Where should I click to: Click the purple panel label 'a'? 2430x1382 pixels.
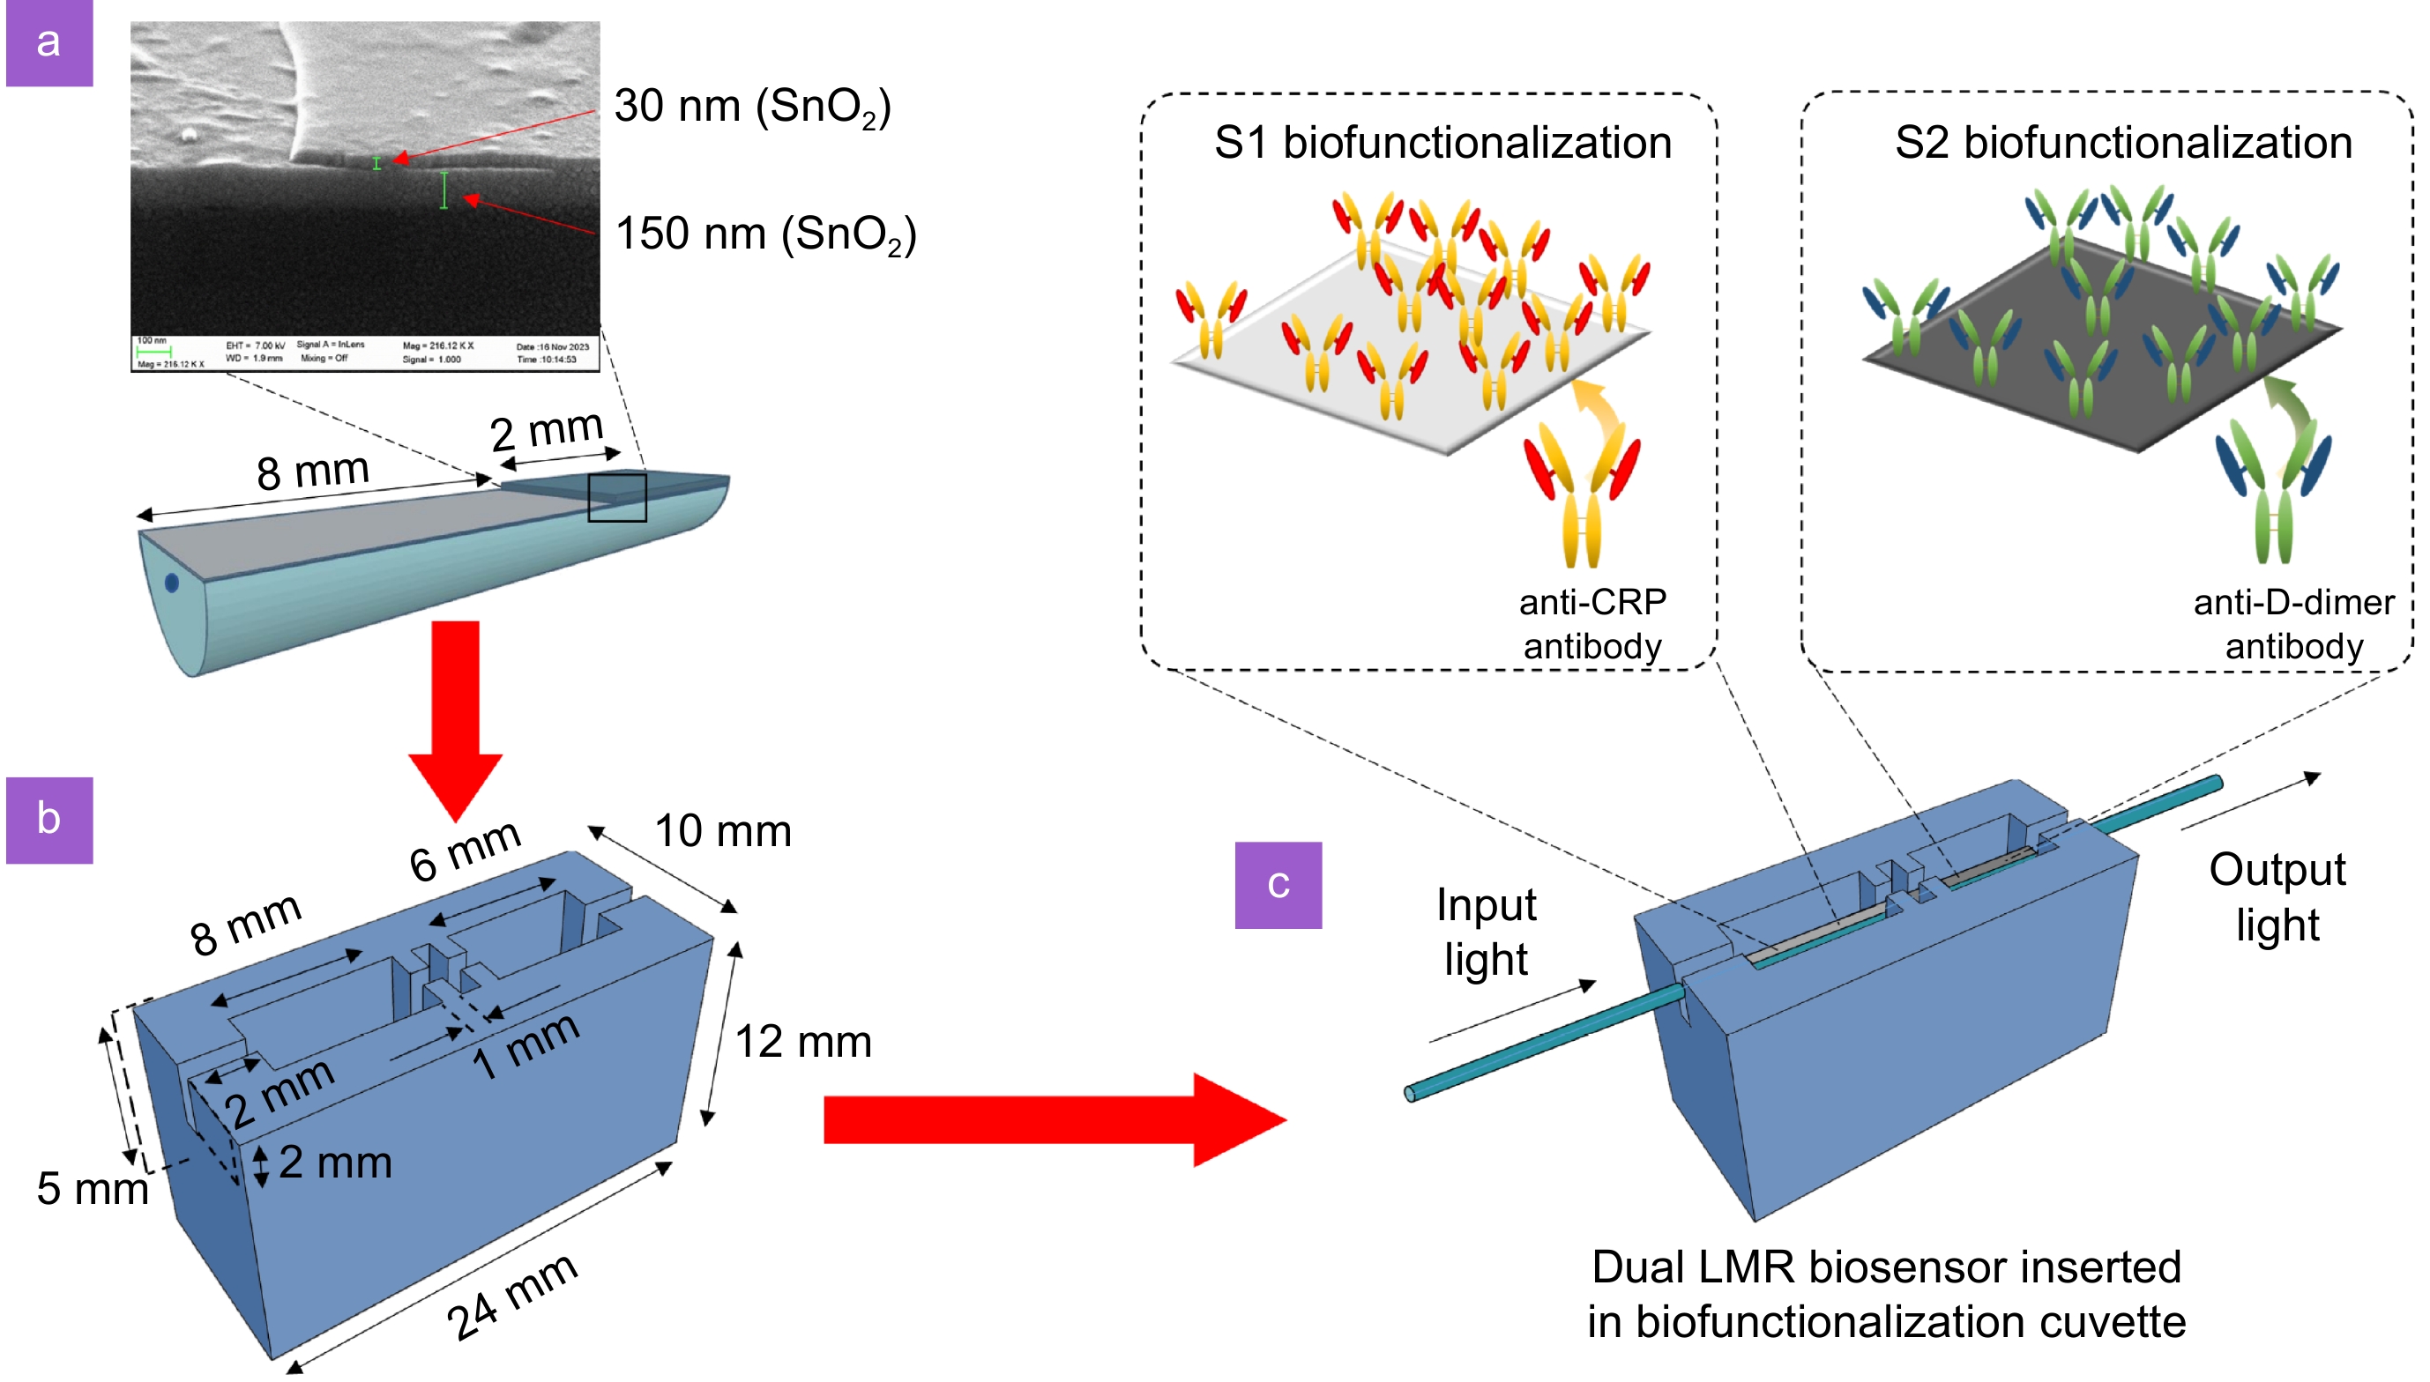pos(49,42)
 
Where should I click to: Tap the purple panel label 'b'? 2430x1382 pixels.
pos(49,819)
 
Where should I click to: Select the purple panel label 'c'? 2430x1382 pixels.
pos(1278,885)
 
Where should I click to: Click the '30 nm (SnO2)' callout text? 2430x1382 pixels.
pos(752,107)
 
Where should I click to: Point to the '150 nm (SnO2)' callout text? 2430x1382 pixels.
pos(765,234)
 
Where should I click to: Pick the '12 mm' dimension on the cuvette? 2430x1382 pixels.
pos(803,1041)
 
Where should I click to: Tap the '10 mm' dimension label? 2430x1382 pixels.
pos(722,831)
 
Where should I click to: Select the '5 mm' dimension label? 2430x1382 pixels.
pos(92,1188)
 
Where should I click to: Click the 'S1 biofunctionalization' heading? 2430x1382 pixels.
pos(1442,144)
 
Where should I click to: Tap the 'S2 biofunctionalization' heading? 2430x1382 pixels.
pos(2122,144)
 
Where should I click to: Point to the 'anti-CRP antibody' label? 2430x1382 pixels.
pos(1591,624)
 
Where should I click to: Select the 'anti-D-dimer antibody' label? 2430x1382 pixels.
pos(2293,624)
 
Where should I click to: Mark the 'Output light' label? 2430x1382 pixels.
pos(2277,896)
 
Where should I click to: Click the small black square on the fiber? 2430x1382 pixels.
pos(617,497)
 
